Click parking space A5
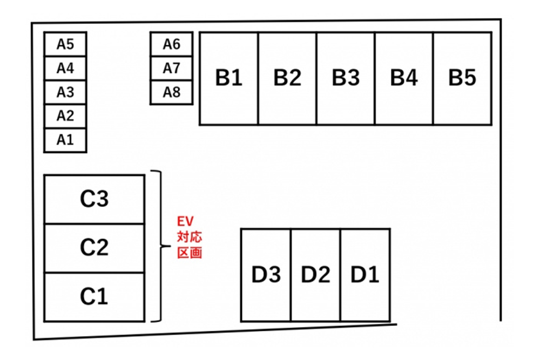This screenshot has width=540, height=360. (x=65, y=44)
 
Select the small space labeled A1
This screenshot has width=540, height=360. (x=65, y=140)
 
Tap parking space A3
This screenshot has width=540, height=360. (x=65, y=92)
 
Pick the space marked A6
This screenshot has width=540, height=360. (x=171, y=44)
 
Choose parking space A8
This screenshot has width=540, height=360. (x=171, y=92)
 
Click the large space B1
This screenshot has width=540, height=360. (x=229, y=78)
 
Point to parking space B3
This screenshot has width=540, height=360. (x=346, y=78)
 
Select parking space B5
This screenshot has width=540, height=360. (x=462, y=78)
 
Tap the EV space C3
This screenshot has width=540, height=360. (x=94, y=199)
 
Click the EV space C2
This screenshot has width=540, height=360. (x=94, y=248)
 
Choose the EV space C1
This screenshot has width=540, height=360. (x=94, y=297)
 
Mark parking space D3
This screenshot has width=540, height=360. (x=266, y=275)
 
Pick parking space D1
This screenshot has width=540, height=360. (x=365, y=275)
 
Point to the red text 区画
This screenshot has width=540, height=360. (x=190, y=252)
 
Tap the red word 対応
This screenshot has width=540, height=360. (x=190, y=236)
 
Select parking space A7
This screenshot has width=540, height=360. (x=171, y=69)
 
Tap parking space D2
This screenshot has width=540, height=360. (x=315, y=275)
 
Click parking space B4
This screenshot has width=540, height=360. (x=404, y=78)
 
